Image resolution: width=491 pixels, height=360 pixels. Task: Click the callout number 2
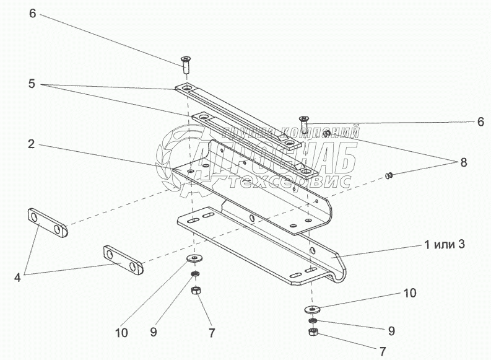point(30,144)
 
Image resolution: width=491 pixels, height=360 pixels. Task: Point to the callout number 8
point(463,162)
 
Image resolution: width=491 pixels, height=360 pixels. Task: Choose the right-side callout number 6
point(480,122)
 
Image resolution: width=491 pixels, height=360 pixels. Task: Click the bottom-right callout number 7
point(382,351)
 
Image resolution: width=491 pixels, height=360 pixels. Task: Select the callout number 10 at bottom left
point(121,333)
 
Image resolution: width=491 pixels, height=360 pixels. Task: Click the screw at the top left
point(185,61)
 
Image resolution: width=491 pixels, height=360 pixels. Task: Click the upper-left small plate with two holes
point(48,224)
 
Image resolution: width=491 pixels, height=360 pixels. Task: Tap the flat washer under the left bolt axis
point(197,257)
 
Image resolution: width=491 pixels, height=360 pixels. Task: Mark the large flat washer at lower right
point(313,309)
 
